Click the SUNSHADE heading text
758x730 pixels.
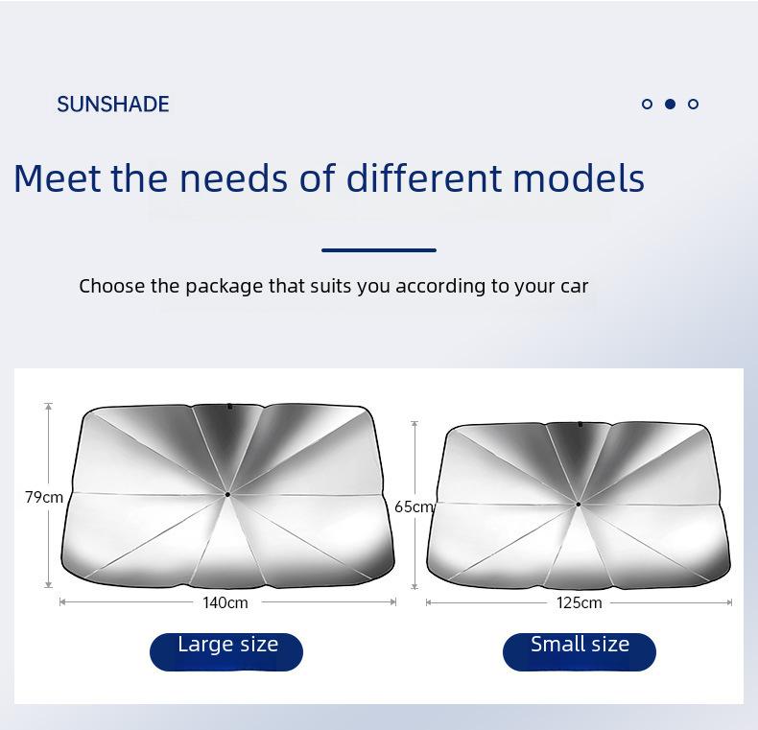click(113, 104)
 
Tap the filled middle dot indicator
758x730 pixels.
click(670, 104)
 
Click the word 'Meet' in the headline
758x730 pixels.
click(58, 177)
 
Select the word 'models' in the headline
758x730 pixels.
click(579, 177)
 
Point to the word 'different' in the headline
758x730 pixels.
click(423, 177)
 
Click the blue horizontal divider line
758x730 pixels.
click(379, 250)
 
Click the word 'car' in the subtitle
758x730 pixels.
click(575, 287)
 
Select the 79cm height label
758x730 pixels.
click(44, 497)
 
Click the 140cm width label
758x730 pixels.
click(225, 602)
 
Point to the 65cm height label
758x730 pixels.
click(414, 506)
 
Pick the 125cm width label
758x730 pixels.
click(580, 602)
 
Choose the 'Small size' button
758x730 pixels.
click(580, 651)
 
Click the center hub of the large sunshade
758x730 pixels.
click(227, 495)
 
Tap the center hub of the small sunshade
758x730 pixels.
click(579, 505)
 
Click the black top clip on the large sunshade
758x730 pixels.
click(230, 407)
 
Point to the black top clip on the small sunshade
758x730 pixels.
click(580, 424)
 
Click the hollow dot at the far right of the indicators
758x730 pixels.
click(693, 104)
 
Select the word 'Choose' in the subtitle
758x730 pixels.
click(112, 286)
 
